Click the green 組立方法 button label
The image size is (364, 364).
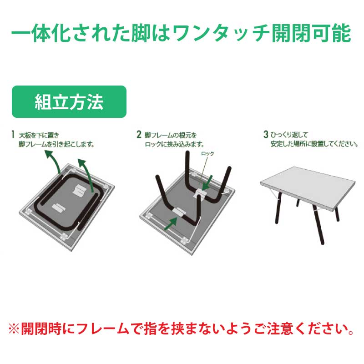tap(69, 102)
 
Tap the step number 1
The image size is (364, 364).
tap(14, 135)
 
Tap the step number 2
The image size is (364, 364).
tap(139, 135)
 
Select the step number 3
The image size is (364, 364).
tap(266, 135)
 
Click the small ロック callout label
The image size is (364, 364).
tap(207, 154)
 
